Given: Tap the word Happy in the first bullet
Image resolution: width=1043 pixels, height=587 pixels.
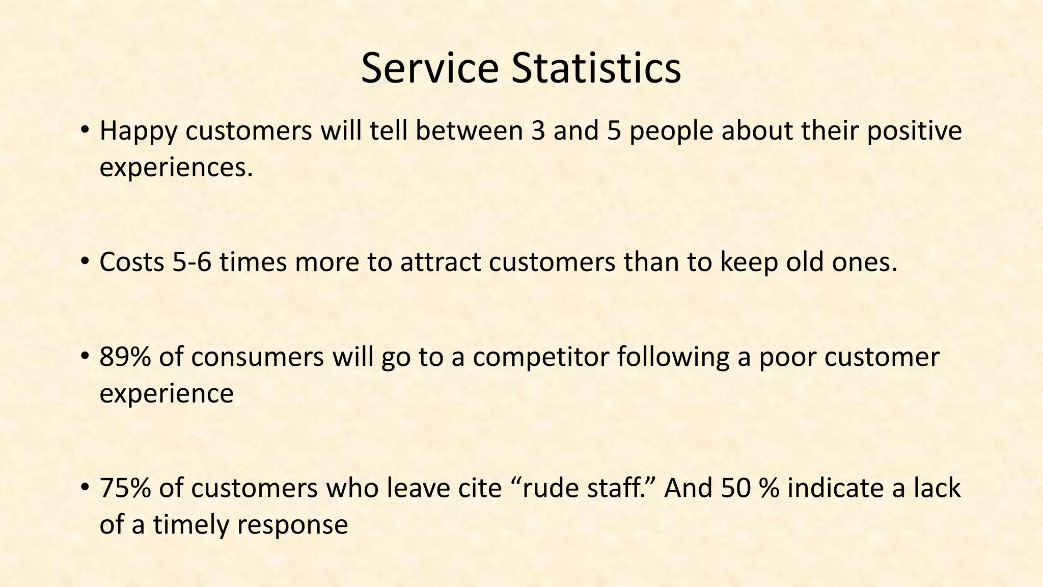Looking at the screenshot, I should (x=138, y=131).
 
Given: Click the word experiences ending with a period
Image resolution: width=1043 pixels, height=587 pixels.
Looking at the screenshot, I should (x=176, y=167).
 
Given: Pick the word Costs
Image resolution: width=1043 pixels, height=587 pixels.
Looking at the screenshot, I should (x=131, y=262).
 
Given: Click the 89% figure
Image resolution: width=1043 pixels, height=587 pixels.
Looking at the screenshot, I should (x=125, y=357).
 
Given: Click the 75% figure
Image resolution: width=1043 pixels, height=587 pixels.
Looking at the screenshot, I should (x=125, y=488).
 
